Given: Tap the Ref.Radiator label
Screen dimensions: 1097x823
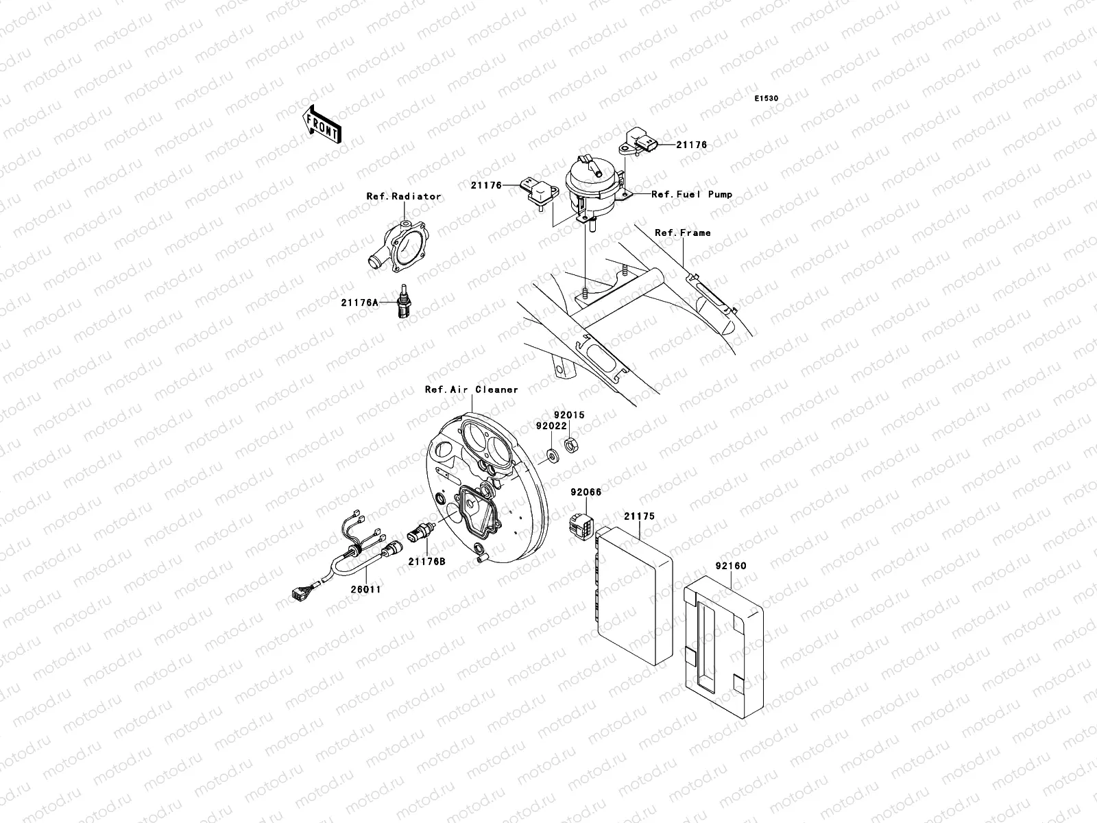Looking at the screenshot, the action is click(x=403, y=196).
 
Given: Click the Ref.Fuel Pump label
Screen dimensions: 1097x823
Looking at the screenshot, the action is click(x=691, y=194).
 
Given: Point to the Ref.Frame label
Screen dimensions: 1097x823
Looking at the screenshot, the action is click(x=682, y=232).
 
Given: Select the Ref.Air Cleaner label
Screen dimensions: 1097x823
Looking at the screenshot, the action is click(x=471, y=390).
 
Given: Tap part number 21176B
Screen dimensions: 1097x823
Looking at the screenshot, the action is click(x=426, y=562).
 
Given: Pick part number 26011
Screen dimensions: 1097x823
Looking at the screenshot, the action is click(x=367, y=589).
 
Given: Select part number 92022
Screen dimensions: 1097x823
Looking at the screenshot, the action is click(x=551, y=425).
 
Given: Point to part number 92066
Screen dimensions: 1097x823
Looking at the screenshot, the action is click(x=585, y=492).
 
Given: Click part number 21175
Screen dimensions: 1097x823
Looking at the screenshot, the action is click(x=639, y=516).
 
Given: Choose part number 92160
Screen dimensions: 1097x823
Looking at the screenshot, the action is click(x=730, y=566).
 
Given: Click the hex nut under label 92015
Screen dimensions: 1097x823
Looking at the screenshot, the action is click(x=569, y=444).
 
